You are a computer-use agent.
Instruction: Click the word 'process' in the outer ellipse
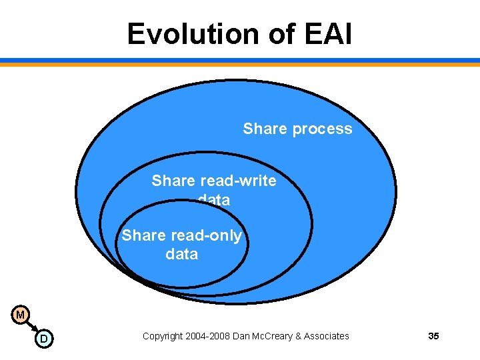coord(323,129)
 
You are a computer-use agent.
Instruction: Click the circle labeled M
coord(21,314)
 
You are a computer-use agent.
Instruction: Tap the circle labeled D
coord(44,339)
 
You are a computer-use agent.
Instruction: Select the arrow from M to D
coord(32,327)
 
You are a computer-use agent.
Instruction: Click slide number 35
coord(433,336)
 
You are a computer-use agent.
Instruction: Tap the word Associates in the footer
coord(326,336)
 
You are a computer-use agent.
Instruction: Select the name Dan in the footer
coord(242,336)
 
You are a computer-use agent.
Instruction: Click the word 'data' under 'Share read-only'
coord(181,254)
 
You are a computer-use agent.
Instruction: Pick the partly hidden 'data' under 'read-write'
coord(214,199)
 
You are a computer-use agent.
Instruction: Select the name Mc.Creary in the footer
coord(273,336)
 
